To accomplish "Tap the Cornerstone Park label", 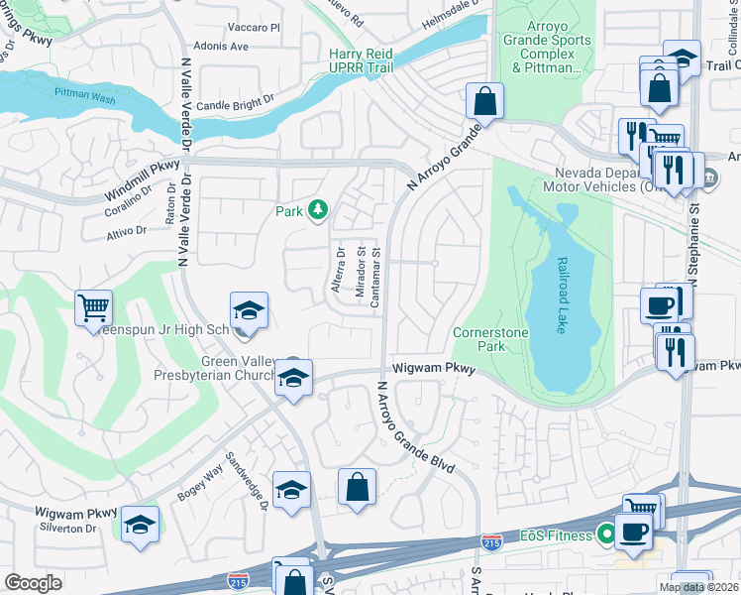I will point(478,339).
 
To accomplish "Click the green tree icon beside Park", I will point(317,210).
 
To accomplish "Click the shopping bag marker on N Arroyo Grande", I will point(484,101).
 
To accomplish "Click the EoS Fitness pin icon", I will point(603,535).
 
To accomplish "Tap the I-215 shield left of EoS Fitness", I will point(490,541).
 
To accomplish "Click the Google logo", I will point(34,582).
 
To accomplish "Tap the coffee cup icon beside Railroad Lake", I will point(659,305).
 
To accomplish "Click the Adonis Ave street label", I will point(223,47).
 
